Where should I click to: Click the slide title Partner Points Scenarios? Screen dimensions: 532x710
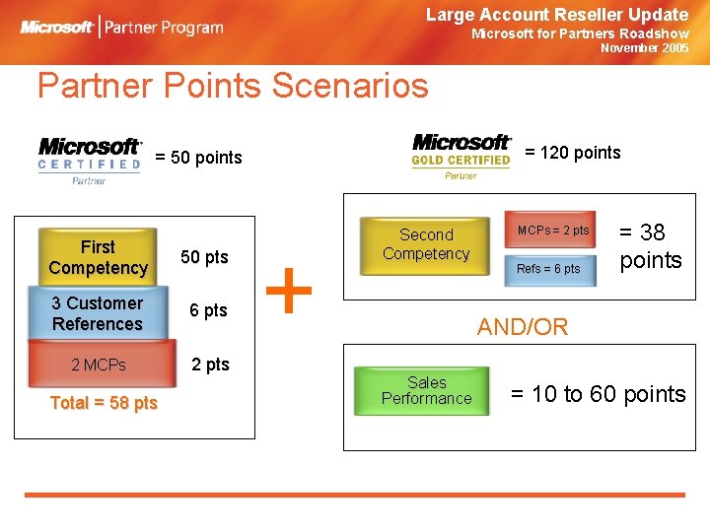[x=233, y=87]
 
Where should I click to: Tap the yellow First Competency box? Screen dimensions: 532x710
[x=98, y=257]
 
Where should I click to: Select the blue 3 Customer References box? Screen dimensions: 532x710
[x=98, y=313]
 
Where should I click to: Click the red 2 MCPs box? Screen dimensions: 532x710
[x=99, y=365]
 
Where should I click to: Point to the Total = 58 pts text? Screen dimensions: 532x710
[x=104, y=403]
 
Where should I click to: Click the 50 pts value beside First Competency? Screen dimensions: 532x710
[x=204, y=257]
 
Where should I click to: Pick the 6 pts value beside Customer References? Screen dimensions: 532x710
[x=208, y=310]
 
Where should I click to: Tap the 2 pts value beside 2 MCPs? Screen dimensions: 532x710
[x=210, y=365]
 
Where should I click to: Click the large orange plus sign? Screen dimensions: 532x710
[x=291, y=291]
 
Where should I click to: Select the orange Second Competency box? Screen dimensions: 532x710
[x=426, y=244]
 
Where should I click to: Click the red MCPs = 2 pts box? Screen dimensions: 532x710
[x=552, y=231]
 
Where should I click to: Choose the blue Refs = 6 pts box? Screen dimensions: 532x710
[x=548, y=269]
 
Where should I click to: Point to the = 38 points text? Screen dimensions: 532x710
[x=650, y=246]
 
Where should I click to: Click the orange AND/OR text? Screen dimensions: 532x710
[x=523, y=328]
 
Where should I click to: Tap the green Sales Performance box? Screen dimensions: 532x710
[x=426, y=390]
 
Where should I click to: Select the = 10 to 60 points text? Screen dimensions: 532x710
[x=598, y=394]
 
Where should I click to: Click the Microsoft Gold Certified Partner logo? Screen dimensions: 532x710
[x=461, y=156]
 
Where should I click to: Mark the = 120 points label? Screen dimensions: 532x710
[x=573, y=152]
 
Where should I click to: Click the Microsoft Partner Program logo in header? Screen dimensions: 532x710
[x=121, y=28]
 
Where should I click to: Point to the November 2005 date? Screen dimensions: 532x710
[x=644, y=47]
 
